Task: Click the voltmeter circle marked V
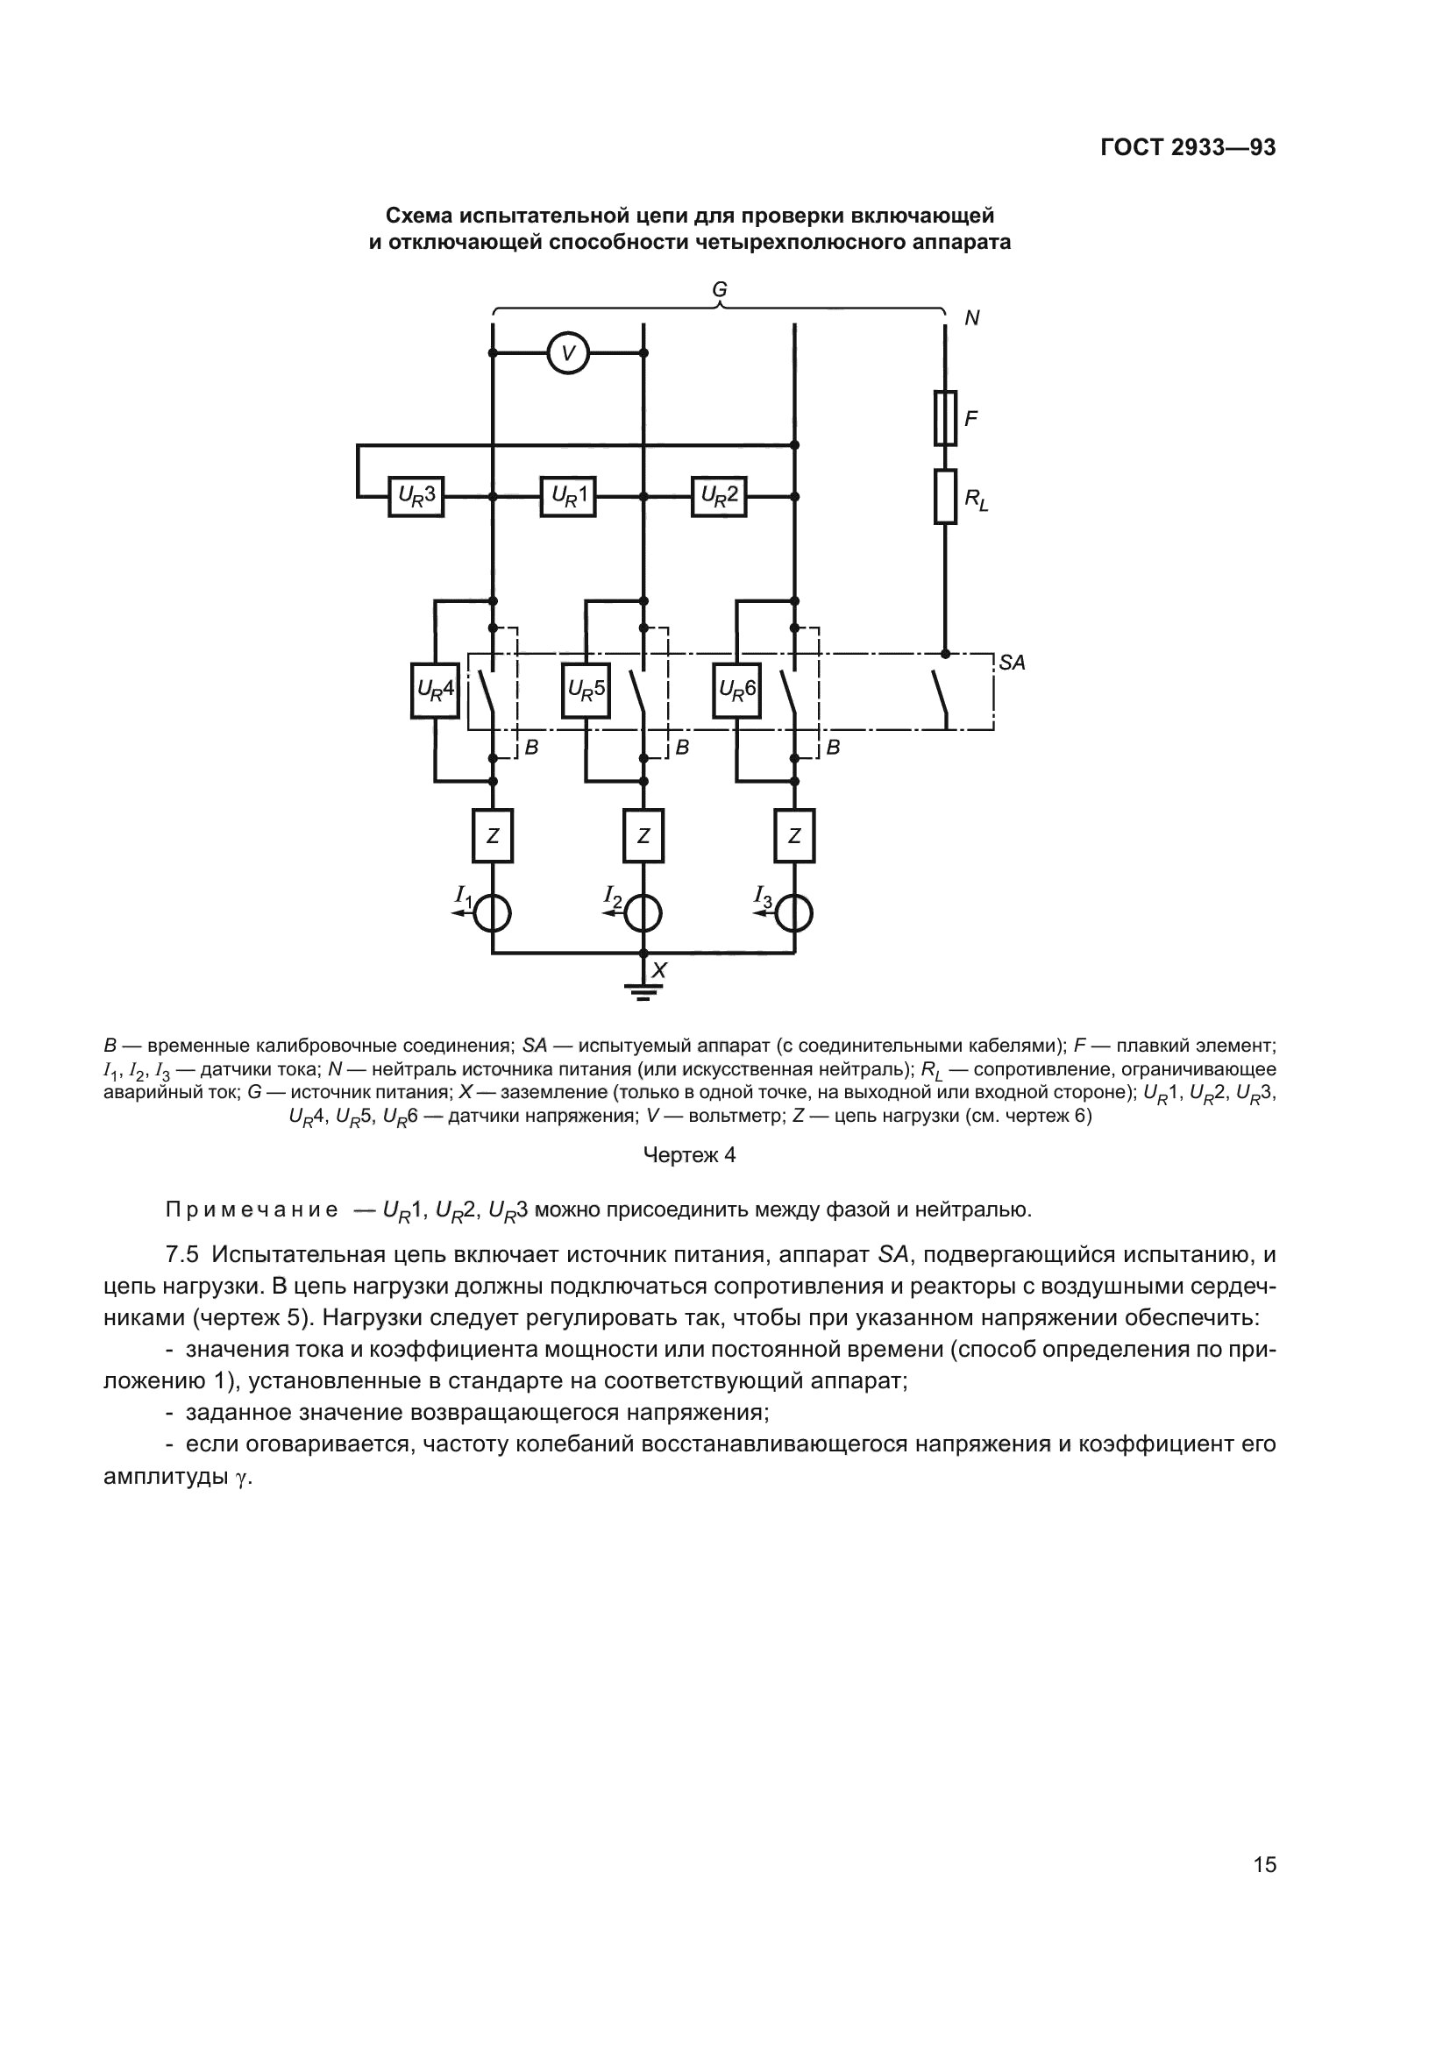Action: (x=568, y=352)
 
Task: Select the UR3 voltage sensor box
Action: (x=416, y=496)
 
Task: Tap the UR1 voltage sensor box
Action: (x=568, y=496)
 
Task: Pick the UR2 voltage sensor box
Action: (x=719, y=496)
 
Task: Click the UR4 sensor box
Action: (x=435, y=690)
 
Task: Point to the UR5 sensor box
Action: (x=586, y=690)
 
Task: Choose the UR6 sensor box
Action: (x=736, y=690)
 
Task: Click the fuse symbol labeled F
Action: (x=946, y=418)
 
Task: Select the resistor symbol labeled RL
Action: (x=946, y=496)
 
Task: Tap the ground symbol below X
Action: (x=643, y=990)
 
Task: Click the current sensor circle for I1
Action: (x=492, y=913)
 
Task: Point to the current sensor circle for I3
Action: (x=793, y=913)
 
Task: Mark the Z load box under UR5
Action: (x=643, y=836)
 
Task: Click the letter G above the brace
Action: (x=720, y=290)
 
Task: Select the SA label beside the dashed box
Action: (x=1012, y=663)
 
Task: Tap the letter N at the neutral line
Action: (x=972, y=319)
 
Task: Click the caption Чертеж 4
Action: (x=689, y=1155)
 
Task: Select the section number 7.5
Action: (x=182, y=1254)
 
